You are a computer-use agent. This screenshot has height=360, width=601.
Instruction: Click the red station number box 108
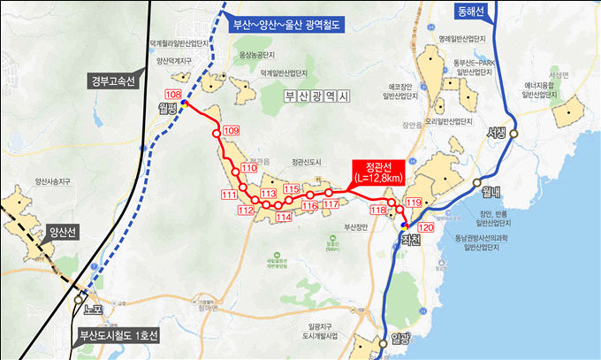click(x=173, y=95)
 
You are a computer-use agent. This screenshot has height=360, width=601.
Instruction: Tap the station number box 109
click(x=232, y=131)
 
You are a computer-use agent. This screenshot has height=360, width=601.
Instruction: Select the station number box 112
click(x=247, y=211)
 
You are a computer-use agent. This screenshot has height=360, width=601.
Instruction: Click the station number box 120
click(x=426, y=227)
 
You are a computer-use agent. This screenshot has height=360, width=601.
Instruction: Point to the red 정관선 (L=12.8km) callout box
click(x=379, y=172)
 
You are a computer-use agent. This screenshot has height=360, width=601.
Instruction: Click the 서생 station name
click(x=499, y=134)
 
